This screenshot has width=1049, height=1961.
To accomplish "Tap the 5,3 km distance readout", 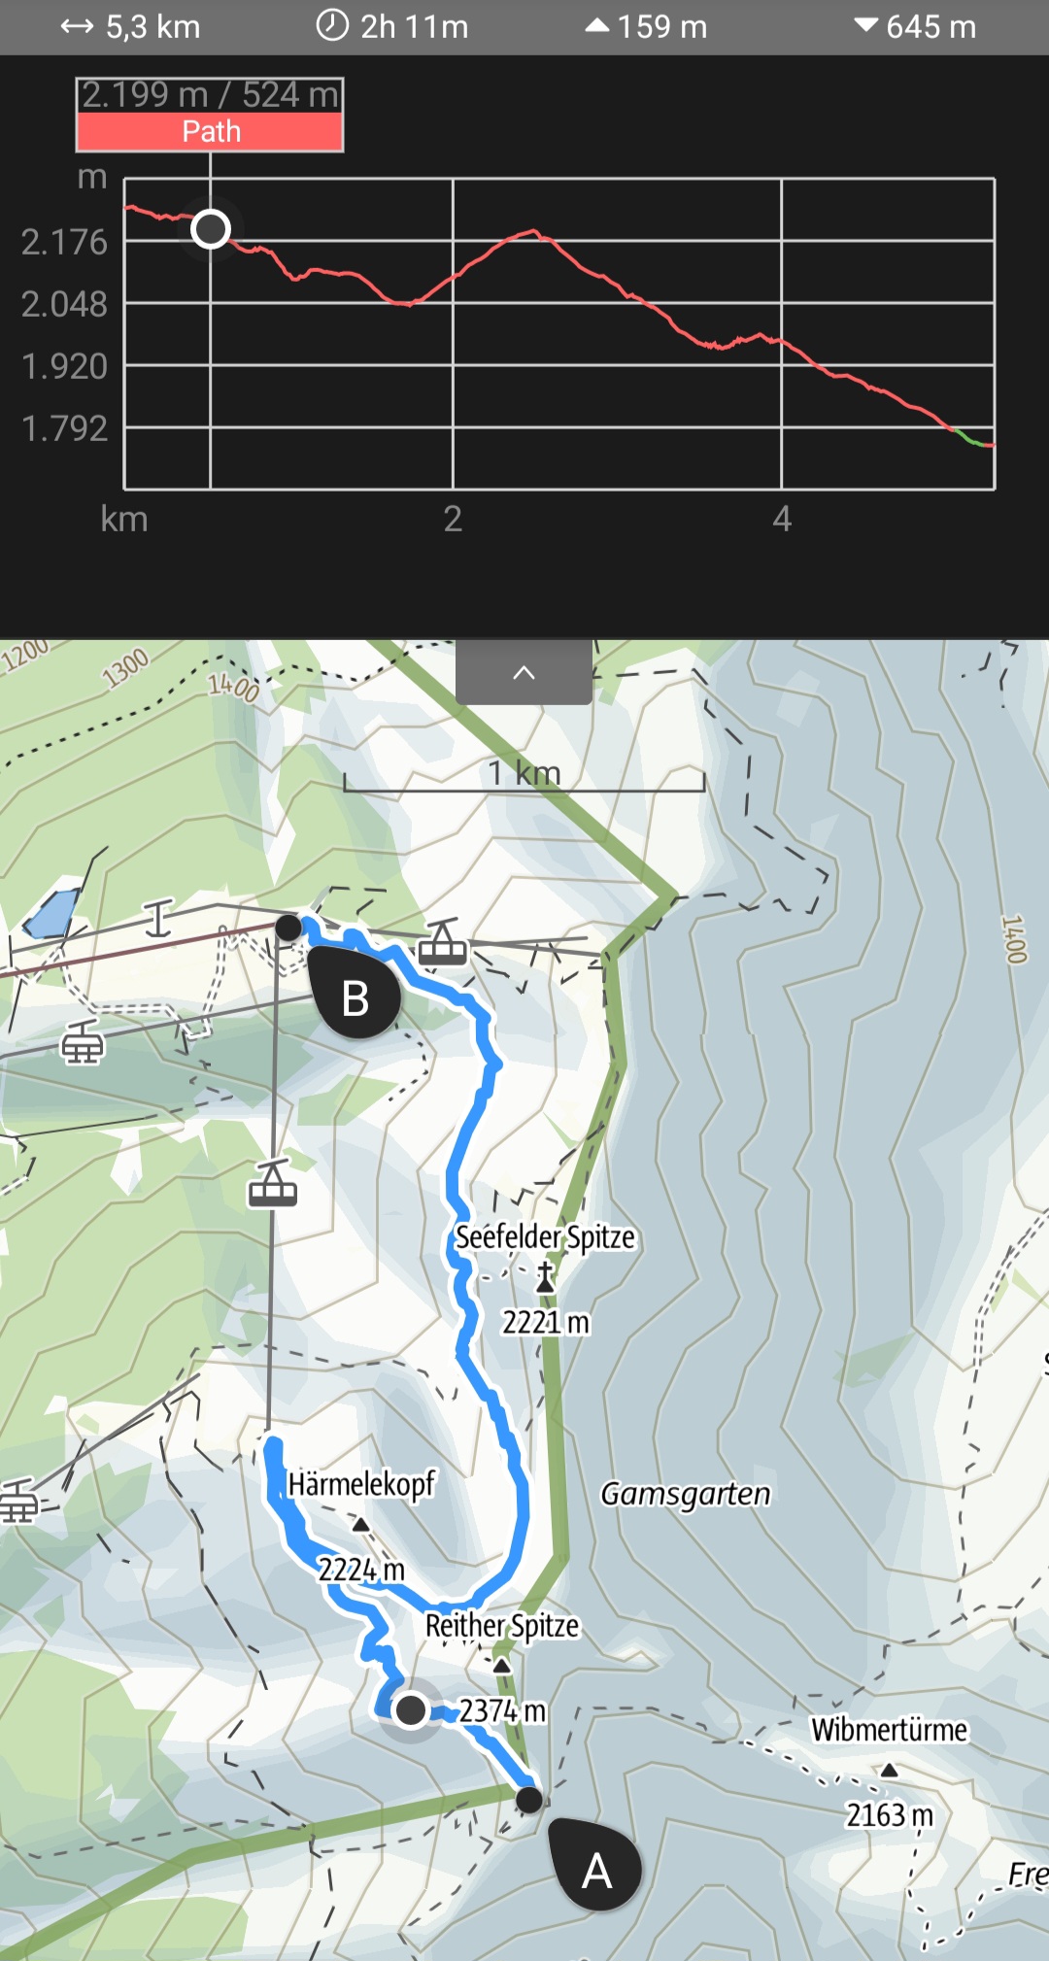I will pyautogui.click(x=131, y=27).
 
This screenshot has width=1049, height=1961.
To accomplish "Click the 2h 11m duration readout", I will pyautogui.click(x=393, y=27).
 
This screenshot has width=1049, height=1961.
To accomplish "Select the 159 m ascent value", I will pyautogui.click(x=647, y=27).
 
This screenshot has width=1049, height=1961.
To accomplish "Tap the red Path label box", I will pyautogui.click(x=210, y=132).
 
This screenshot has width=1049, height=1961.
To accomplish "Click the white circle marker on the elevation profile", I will pyautogui.click(x=211, y=229).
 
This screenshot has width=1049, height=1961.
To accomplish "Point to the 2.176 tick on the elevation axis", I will pyautogui.click(x=64, y=242).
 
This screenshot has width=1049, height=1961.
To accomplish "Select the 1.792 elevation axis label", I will pyautogui.click(x=64, y=428).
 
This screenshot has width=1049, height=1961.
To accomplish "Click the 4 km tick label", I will pyautogui.click(x=782, y=520).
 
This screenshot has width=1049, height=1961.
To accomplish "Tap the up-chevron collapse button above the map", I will pyautogui.click(x=524, y=672).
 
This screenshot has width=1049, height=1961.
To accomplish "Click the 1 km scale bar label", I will pyautogui.click(x=524, y=774).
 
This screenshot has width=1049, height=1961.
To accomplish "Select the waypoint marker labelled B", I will pyautogui.click(x=355, y=997).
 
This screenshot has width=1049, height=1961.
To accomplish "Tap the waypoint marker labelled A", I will pyautogui.click(x=595, y=1869).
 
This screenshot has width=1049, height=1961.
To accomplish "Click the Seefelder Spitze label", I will pyautogui.click(x=545, y=1237).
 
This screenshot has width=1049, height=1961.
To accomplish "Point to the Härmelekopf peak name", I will pyautogui.click(x=361, y=1484).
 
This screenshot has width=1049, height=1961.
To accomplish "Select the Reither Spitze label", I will pyautogui.click(x=502, y=1626).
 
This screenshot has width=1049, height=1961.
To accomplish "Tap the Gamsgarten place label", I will pyautogui.click(x=685, y=1494).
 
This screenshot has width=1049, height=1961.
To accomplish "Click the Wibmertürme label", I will pyautogui.click(x=889, y=1730).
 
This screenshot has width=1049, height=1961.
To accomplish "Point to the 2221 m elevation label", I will pyautogui.click(x=545, y=1322).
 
